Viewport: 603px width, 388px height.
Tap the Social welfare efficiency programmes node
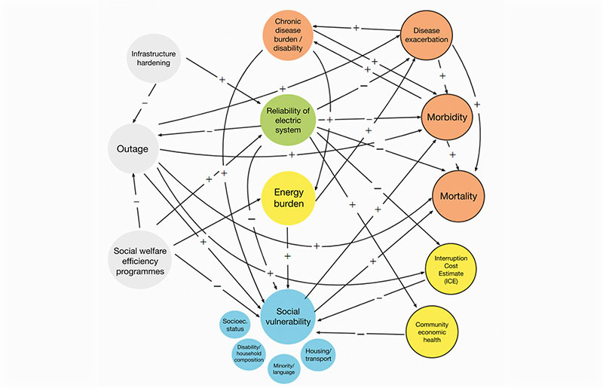(x=139, y=257)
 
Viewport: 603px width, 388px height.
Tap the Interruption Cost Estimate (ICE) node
(x=451, y=270)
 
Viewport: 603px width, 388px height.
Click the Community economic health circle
(x=432, y=329)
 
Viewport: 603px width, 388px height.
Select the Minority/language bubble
(x=285, y=366)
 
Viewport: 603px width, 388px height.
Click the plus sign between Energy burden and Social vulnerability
(x=286, y=256)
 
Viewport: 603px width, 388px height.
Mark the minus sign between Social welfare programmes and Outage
(x=136, y=202)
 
